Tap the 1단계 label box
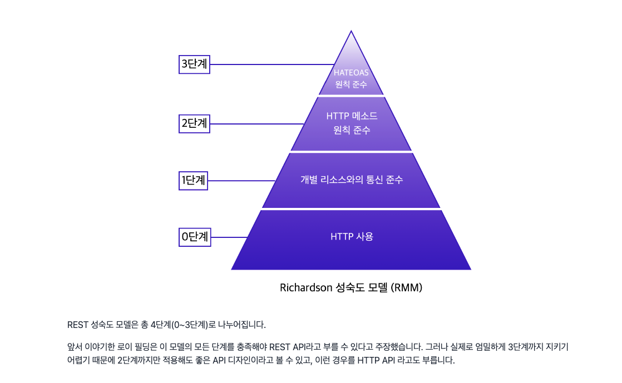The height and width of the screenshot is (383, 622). [194, 180]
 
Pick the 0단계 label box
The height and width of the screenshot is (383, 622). [195, 237]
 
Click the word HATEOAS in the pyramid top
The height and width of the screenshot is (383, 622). [351, 72]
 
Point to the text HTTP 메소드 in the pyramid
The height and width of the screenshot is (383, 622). [352, 116]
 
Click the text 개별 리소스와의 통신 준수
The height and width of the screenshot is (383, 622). [352, 180]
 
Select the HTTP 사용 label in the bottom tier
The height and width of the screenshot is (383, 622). [352, 236]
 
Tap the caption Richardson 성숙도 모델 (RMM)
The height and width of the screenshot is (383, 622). [351, 288]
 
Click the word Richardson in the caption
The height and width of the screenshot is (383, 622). [305, 288]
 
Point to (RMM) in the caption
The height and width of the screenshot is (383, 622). [407, 288]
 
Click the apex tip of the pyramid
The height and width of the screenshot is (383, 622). [351, 32]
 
